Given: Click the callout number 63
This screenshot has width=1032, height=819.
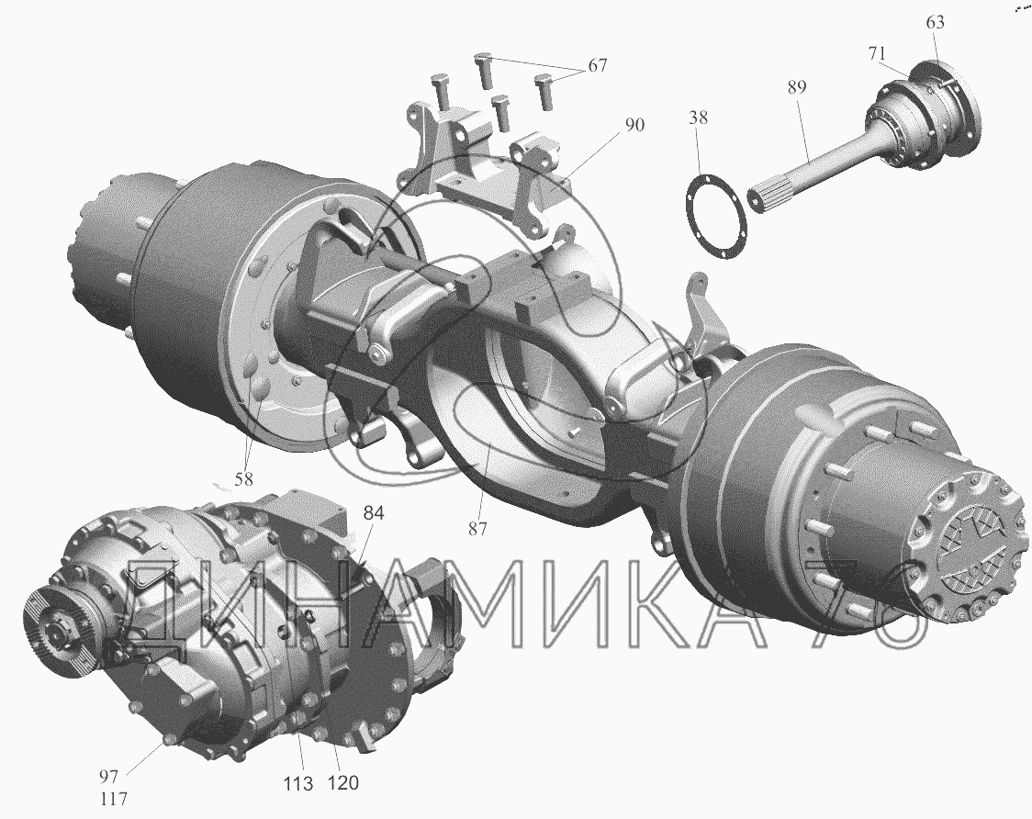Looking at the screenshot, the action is pos(935,22).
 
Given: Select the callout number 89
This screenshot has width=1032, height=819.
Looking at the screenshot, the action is pos(796,86).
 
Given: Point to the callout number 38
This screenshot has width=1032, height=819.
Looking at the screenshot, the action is pos(699,118).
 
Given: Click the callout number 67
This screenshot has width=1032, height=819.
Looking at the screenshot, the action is pos(597,65).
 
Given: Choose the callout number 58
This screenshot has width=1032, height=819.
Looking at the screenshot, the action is pos(243,478).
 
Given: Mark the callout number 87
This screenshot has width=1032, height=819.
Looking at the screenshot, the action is pos(477,527).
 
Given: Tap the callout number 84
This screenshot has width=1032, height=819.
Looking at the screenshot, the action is pos(373,513).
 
